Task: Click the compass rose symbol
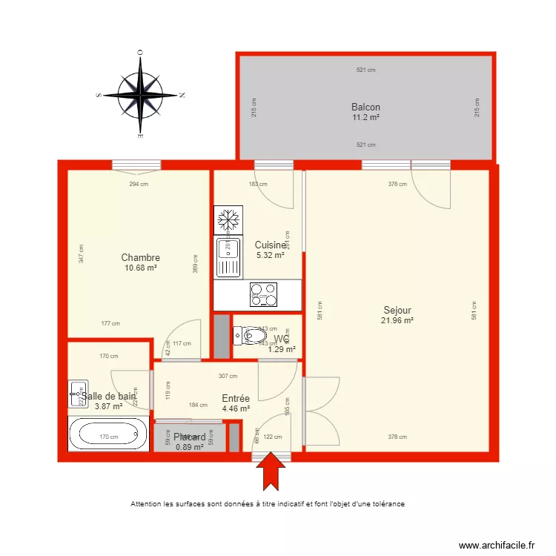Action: [140, 95]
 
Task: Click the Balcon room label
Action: [365, 107]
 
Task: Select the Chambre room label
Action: [141, 258]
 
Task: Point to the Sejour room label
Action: [397, 311]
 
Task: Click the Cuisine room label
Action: [270, 245]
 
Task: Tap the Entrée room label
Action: [236, 398]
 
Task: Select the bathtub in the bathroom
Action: [108, 434]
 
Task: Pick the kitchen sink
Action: [228, 257]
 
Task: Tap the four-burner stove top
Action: [263, 295]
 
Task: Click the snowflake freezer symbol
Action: [228, 220]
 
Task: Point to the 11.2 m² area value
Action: [365, 117]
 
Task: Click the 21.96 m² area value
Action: [398, 320]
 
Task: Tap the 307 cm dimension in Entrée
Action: [228, 376]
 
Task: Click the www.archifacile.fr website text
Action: [496, 545]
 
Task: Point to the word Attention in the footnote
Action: [148, 504]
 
